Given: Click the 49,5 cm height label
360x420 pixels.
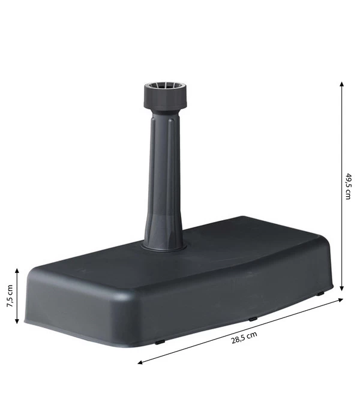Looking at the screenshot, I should (349, 186).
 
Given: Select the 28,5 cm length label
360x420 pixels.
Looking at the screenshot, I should (244, 338).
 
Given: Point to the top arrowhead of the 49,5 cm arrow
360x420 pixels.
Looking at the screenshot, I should (342, 84).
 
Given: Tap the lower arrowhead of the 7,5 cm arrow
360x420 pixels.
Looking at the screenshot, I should (17, 322).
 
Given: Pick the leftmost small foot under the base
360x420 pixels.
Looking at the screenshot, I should (160, 343).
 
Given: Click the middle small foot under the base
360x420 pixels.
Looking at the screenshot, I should (253, 319).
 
